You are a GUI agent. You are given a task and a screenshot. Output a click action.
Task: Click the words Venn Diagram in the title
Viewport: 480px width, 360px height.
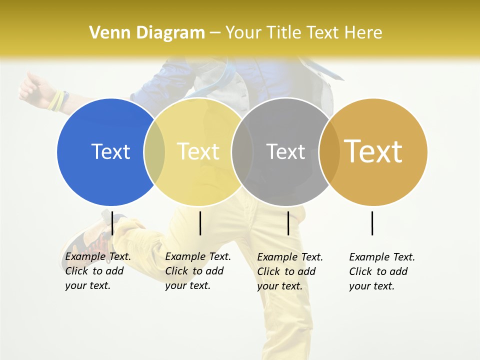coord(147,33)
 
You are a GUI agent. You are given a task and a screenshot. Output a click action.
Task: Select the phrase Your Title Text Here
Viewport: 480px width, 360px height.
coord(303,33)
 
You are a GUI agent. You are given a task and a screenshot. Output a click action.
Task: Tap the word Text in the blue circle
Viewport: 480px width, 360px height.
coord(110,151)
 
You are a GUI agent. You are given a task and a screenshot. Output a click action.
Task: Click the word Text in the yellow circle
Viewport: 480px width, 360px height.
coord(198,151)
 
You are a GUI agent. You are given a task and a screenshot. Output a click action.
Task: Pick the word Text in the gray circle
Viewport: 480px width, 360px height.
coord(285,151)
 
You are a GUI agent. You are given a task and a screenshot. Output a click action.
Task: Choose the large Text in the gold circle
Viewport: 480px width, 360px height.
coord(373,151)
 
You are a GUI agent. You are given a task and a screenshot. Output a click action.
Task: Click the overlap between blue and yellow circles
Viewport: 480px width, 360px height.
coord(154,151)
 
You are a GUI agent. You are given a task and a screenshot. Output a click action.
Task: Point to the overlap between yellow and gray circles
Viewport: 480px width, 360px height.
coord(242,151)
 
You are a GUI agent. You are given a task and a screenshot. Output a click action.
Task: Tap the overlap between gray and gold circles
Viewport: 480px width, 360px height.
coord(329,151)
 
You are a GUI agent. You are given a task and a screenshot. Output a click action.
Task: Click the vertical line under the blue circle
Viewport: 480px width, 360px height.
coord(112,223)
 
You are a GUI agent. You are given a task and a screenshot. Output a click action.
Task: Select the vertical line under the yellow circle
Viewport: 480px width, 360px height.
coord(200,223)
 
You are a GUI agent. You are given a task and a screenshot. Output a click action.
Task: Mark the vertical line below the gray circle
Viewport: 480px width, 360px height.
coord(288,223)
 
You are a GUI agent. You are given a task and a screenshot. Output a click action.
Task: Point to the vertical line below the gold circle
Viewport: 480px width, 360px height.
coord(372,223)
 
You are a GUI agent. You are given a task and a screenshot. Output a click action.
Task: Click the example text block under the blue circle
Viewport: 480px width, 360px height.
coord(98,271)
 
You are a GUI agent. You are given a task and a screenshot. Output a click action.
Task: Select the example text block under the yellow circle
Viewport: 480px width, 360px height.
coord(198,271)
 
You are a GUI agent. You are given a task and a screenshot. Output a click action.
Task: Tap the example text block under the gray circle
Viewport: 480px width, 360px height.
coord(290,271)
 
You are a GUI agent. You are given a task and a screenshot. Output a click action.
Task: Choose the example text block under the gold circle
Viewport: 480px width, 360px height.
coord(382,271)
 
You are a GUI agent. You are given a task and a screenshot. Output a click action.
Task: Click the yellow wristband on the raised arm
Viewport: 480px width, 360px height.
coord(56,100)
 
